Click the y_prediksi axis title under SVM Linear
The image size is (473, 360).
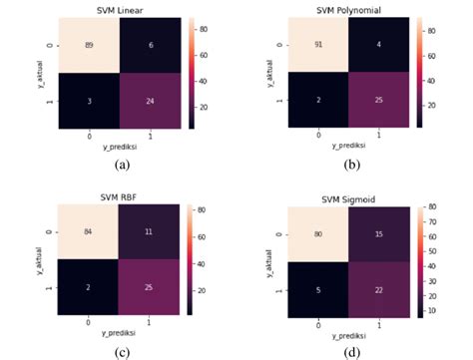(121, 145)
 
